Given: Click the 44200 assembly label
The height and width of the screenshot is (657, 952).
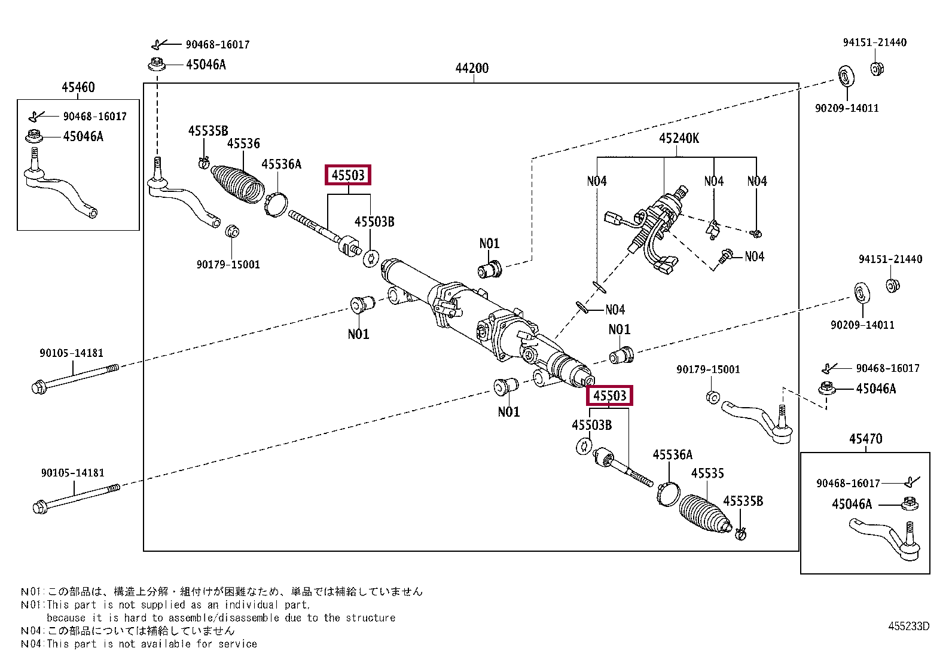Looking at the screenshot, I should pos(472,68).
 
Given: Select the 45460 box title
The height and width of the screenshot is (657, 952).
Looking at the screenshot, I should pos(78,87).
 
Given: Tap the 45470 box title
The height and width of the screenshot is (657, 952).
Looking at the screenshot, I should pos(865,439).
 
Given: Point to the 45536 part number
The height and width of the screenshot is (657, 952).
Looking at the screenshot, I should pos(243,143).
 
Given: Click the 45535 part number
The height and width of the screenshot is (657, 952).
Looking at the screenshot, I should pos(707,473).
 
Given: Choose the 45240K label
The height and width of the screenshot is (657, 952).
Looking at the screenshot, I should pos(679,138).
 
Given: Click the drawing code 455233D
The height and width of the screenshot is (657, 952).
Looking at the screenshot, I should pos(908,626).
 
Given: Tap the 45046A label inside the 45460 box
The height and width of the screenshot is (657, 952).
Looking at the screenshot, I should pos(83,136).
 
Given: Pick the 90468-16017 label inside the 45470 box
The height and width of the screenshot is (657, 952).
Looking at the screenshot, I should pos(848,483).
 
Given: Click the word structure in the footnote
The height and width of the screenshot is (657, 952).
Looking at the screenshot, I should pos(370,618).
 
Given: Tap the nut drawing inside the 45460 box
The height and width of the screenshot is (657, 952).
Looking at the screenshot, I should pos(33,136).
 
